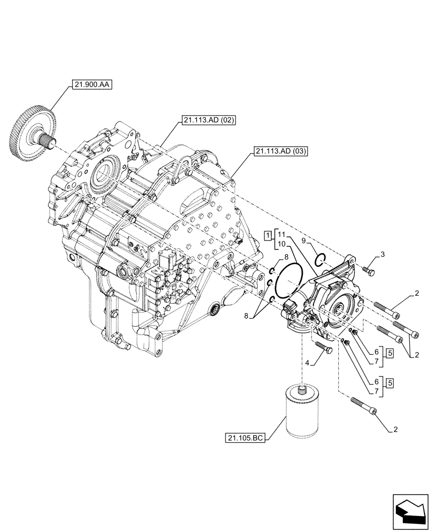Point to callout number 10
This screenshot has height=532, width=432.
(x=281, y=244)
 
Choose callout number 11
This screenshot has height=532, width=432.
(x=281, y=234)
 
